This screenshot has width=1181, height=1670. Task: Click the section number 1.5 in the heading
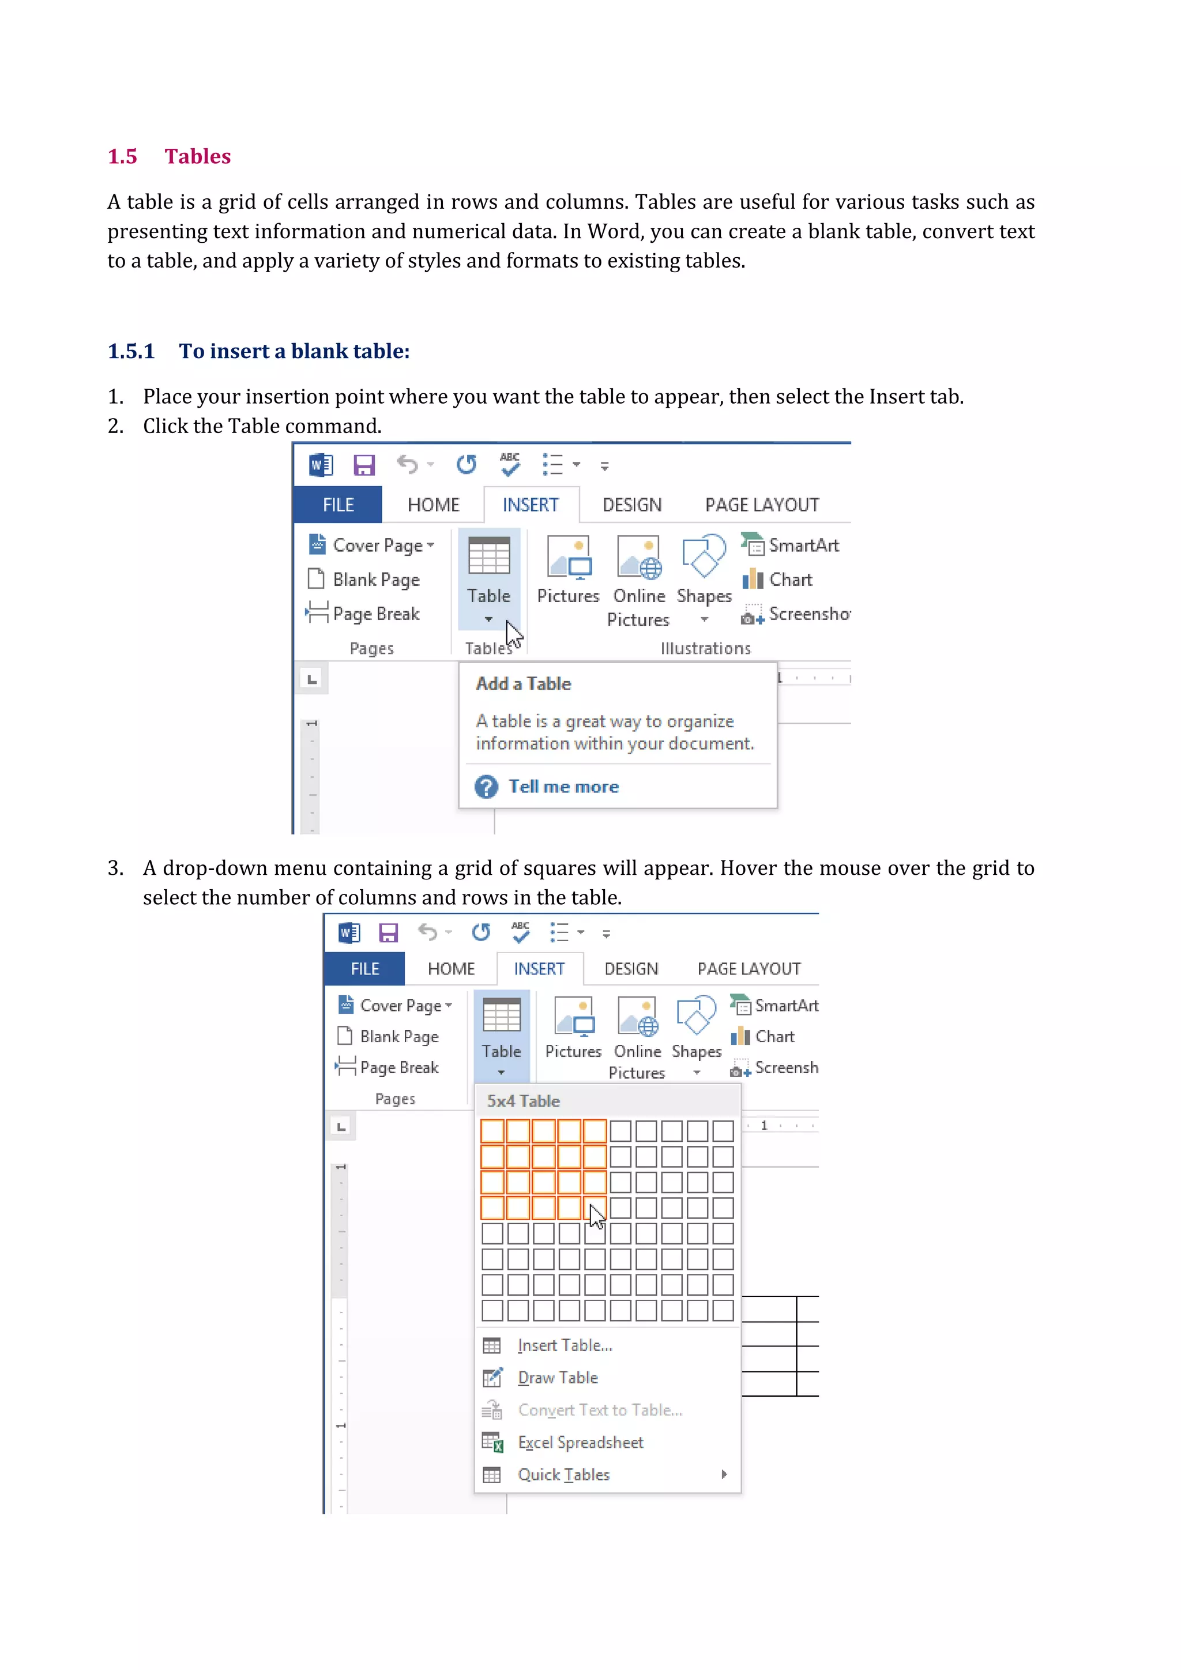click(122, 156)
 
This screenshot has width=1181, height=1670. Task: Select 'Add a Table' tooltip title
click(523, 684)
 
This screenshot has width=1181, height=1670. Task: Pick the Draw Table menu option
click(557, 1378)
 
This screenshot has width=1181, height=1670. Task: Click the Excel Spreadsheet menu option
click(580, 1442)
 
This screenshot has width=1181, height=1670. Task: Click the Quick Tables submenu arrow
click(724, 1475)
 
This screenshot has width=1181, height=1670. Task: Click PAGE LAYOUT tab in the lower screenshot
click(749, 969)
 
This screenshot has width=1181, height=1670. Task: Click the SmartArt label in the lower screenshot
click(785, 1005)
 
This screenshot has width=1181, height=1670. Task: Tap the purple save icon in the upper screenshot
click(364, 465)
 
